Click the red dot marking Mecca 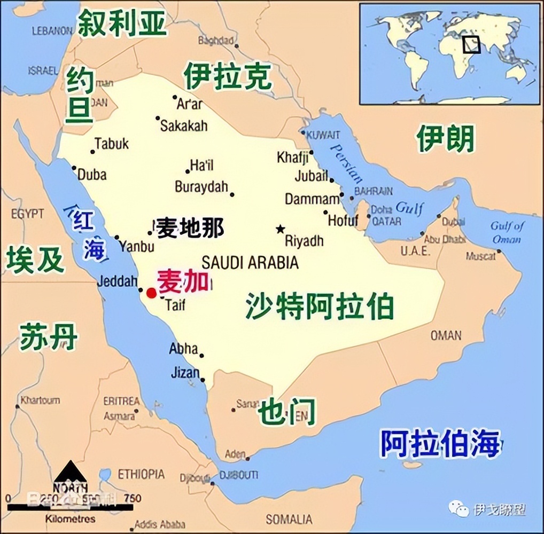[152, 292]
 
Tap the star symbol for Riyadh [280, 229]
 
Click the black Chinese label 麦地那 [190, 228]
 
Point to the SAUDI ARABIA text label [250, 262]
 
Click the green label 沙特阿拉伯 [320, 307]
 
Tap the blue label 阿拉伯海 [440, 443]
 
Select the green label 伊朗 [446, 139]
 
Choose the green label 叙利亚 [122, 23]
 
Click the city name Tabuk [112, 143]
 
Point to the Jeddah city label [118, 281]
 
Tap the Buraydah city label [201, 187]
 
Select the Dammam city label [312, 199]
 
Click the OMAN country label [446, 335]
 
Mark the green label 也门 [286, 412]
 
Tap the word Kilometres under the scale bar [71, 519]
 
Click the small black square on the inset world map [471, 44]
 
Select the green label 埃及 [35, 260]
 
